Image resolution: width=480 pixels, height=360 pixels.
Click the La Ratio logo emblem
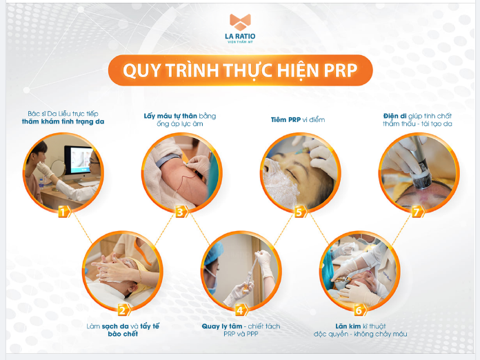point(240,22)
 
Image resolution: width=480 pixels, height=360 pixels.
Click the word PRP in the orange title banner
point(341,70)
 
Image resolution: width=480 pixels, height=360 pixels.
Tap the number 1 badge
point(64,212)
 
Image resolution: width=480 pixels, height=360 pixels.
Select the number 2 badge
point(123,310)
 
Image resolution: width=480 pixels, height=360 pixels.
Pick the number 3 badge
point(181,212)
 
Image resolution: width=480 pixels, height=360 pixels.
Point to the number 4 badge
point(241,310)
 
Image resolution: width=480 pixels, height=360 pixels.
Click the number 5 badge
point(300,212)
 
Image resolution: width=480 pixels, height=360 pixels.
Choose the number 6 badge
point(360,310)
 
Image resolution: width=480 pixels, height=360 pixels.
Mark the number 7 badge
point(417,212)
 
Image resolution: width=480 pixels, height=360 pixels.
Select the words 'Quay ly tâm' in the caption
point(221,326)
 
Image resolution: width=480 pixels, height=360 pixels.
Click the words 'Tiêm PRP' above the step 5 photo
point(286,120)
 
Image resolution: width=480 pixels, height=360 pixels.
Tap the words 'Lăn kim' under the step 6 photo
point(348,326)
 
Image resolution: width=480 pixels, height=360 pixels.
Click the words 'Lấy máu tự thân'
point(170,116)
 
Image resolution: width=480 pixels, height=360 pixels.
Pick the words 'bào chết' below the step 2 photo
point(123,334)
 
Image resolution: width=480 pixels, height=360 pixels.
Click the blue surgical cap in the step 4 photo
point(213,252)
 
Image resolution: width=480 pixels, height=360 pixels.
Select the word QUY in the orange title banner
point(141,71)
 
